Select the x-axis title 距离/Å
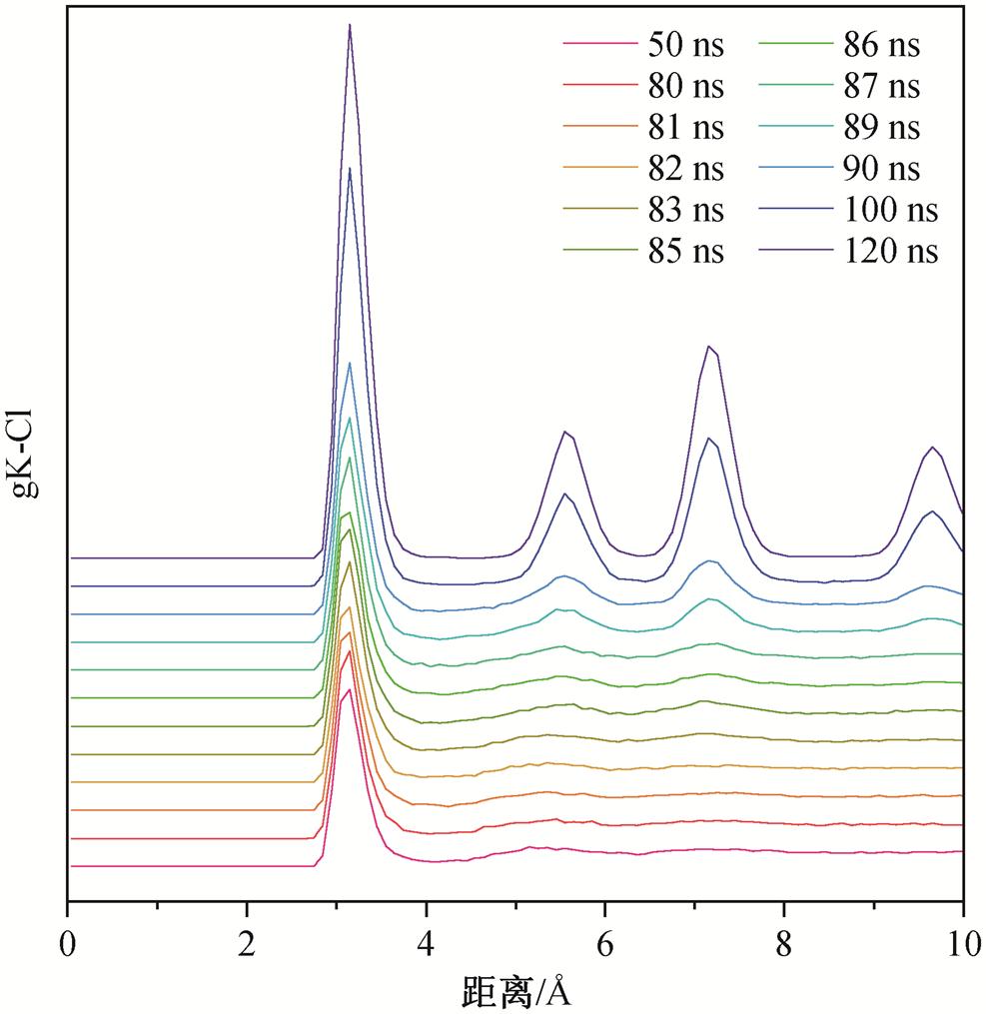(516, 991)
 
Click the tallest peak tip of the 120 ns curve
(350, 25)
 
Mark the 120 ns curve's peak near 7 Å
(709, 347)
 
